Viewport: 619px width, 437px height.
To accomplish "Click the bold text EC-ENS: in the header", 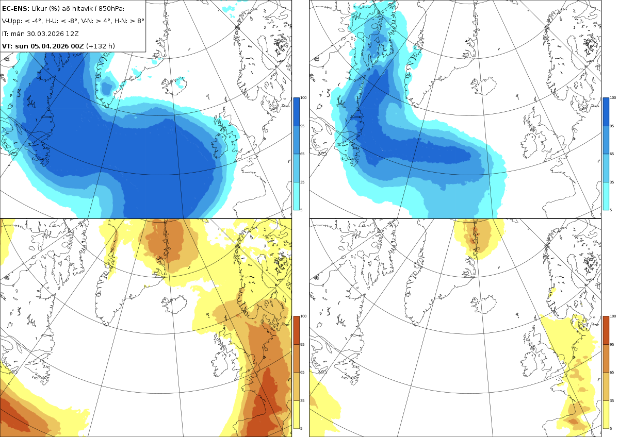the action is click(x=15, y=9).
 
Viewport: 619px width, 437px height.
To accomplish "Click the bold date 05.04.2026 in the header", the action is click(x=49, y=46).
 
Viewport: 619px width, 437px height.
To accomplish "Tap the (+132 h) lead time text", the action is click(x=100, y=46).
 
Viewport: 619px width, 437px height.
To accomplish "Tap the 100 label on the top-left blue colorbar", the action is click(x=303, y=97).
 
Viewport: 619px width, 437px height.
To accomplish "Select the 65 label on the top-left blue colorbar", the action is click(x=302, y=154).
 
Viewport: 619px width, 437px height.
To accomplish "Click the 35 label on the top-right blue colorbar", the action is click(x=612, y=182).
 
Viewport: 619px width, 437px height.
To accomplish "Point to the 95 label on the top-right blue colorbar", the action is click(x=612, y=126).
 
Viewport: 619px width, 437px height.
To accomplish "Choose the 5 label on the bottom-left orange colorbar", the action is click(x=301, y=428).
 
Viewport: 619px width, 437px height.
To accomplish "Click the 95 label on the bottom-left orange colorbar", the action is click(x=302, y=345).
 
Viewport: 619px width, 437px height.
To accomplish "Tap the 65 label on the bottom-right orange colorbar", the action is click(x=612, y=373).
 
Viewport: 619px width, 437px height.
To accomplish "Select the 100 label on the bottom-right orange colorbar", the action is click(x=613, y=316).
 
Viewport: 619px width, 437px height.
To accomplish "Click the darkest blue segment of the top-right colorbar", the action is click(x=606, y=112).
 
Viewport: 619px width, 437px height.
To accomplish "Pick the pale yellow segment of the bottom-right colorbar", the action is click(x=606, y=414).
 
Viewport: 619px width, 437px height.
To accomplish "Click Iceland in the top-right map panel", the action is click(x=484, y=86).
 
